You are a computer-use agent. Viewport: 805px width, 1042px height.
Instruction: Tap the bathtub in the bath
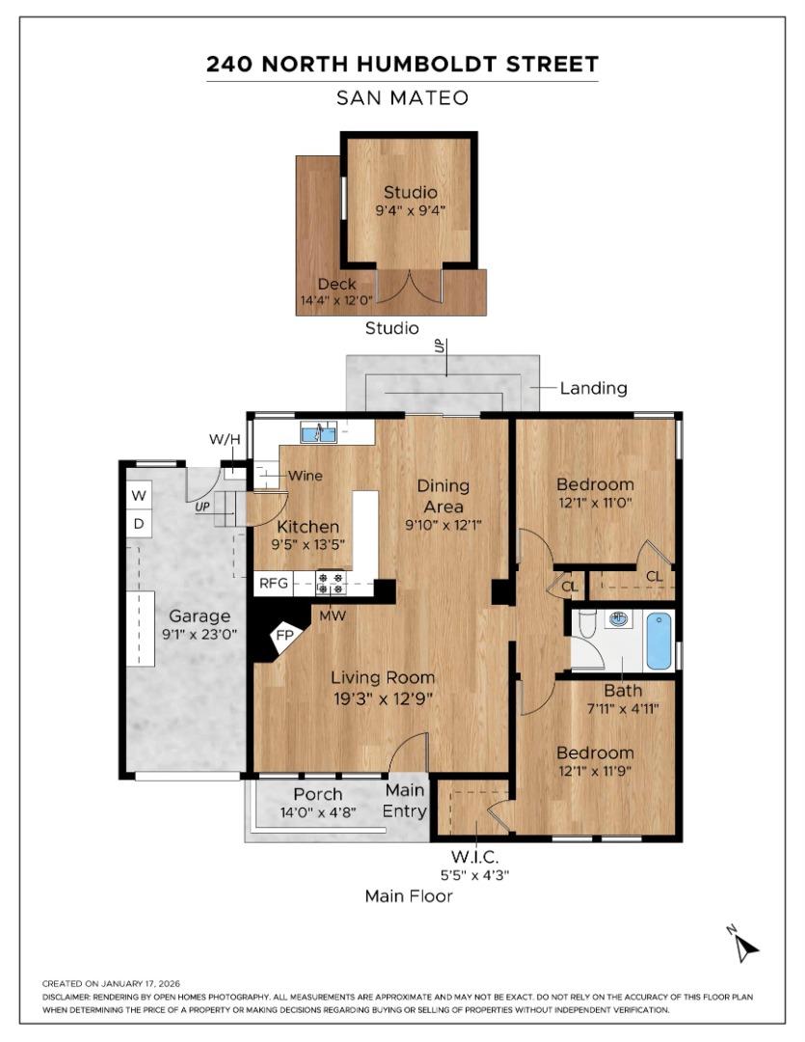(x=658, y=641)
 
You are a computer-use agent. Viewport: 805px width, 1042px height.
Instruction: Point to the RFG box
(x=271, y=584)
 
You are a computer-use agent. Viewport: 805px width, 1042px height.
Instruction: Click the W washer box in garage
(x=139, y=496)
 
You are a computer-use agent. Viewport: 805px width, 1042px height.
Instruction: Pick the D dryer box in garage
(x=139, y=524)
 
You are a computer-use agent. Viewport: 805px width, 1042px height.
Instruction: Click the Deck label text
(x=336, y=284)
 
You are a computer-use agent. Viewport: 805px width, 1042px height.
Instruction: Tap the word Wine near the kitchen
(x=305, y=476)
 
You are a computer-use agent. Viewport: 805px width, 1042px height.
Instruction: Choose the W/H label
(x=225, y=441)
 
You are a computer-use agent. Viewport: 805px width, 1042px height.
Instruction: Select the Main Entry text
(x=406, y=800)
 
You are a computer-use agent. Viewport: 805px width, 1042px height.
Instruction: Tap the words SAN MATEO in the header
(x=402, y=97)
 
